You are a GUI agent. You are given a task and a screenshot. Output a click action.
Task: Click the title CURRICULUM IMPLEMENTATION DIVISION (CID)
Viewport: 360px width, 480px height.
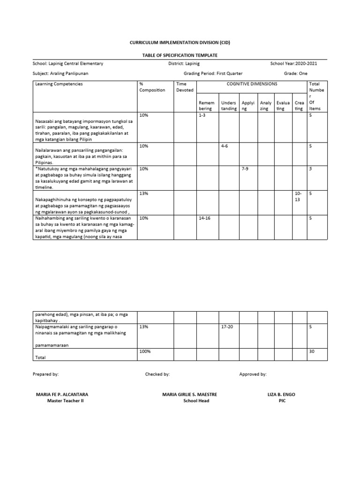(x=180, y=43)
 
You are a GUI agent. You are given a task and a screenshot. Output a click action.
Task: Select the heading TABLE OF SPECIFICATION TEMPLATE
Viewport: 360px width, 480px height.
(x=180, y=55)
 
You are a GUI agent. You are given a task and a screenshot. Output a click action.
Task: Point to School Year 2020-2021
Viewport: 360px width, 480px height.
(x=294, y=64)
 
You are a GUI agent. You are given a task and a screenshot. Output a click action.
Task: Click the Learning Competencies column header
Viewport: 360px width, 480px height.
(x=59, y=84)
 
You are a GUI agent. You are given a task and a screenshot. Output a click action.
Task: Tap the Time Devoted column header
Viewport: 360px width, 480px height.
(x=184, y=87)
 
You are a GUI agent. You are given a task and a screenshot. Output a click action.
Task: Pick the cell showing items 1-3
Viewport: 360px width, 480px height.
(x=202, y=115)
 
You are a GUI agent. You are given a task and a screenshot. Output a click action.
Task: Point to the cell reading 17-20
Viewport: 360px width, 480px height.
(x=227, y=326)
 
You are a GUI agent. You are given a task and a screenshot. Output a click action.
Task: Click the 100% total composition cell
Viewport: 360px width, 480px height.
(x=144, y=351)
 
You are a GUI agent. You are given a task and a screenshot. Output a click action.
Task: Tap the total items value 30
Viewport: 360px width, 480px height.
(x=312, y=351)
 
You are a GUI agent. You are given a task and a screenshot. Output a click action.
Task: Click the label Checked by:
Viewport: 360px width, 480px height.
(x=157, y=375)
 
